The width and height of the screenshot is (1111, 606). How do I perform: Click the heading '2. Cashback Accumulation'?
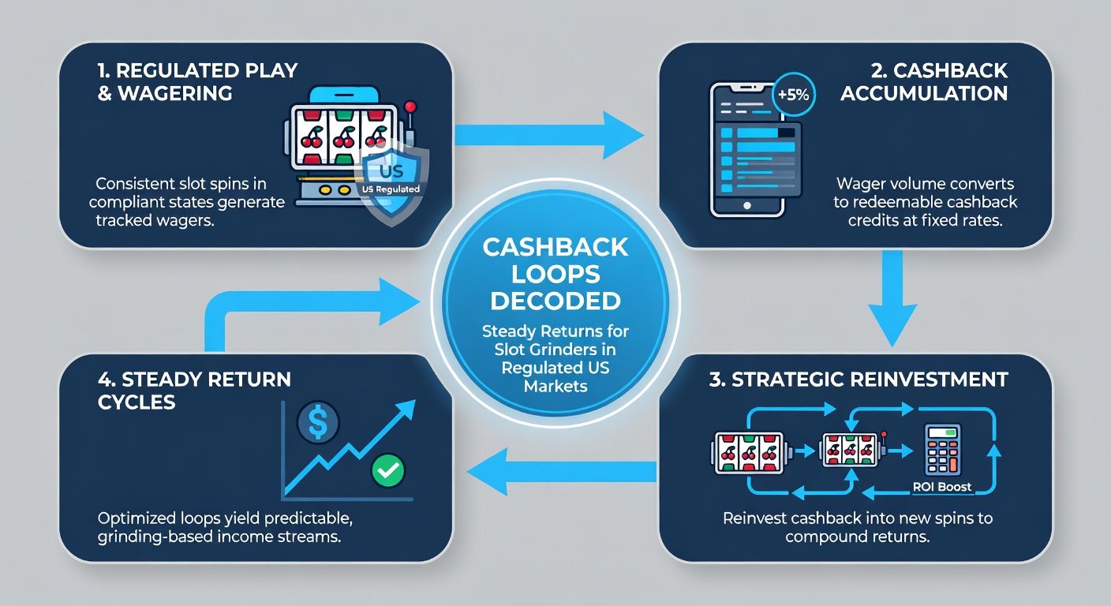click(924, 81)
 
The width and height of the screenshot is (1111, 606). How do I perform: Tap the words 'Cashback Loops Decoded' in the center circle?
click(555, 274)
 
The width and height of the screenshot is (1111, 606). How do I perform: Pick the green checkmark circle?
click(387, 470)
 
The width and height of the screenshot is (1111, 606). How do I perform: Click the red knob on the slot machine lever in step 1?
click(409, 107)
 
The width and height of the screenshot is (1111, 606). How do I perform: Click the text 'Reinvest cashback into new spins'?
click(858, 518)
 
